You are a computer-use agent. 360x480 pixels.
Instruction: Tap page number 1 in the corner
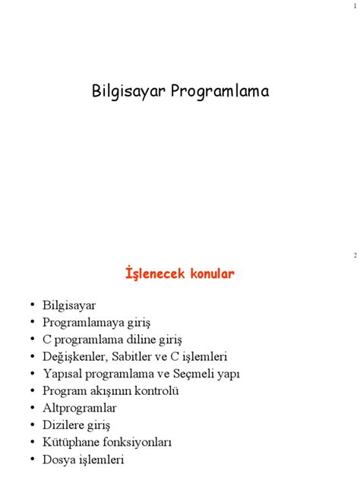pos(354,7)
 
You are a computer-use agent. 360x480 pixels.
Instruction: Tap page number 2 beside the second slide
pos(354,255)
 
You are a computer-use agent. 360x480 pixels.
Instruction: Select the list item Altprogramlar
pos(79,408)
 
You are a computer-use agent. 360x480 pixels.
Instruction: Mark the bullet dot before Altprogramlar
pos(33,407)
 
